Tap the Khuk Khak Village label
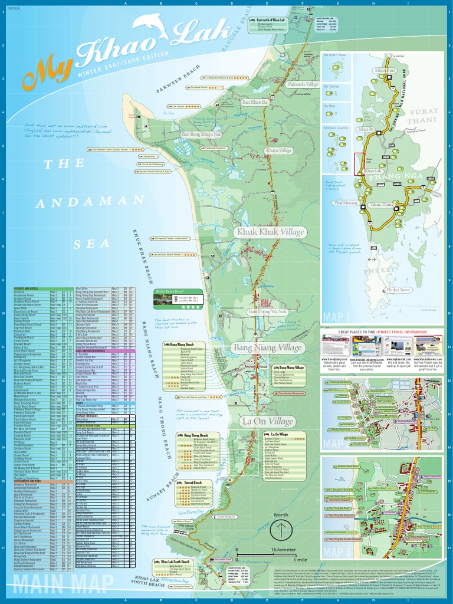coord(270,232)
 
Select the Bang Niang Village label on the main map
coord(267,347)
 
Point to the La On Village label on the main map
coord(267,421)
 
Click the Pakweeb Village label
coord(303,84)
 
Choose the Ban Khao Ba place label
coord(255,103)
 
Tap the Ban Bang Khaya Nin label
coord(201,135)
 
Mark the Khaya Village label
coord(279,151)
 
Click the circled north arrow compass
coord(281,529)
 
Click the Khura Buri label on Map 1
coord(385,70)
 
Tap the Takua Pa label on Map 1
coord(366,129)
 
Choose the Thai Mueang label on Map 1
coord(346,203)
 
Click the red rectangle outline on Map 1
coord(359,164)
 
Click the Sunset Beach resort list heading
coord(194,482)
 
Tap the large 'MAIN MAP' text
coord(63,586)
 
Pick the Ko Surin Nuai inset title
coord(334,55)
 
